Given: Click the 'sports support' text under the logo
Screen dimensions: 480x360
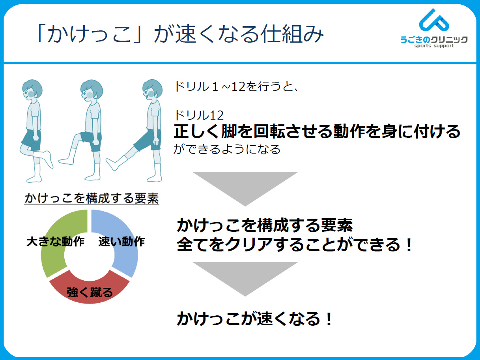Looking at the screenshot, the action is point(434,46).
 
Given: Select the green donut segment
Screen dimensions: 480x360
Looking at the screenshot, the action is point(59,238).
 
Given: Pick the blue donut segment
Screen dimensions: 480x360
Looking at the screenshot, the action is point(122,238).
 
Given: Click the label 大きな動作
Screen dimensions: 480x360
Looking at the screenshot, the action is point(55,242).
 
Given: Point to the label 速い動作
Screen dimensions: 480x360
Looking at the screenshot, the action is point(121,242).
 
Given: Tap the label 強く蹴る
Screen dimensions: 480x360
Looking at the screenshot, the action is point(90,292).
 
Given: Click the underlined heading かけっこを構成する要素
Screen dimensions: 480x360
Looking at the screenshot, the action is point(92,198).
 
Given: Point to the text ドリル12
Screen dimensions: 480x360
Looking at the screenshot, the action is point(199,115).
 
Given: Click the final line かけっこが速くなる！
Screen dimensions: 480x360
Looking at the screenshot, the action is point(254,319).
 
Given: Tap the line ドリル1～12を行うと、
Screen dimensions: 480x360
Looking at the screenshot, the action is point(236,86).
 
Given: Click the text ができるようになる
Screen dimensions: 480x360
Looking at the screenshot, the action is point(227,149).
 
